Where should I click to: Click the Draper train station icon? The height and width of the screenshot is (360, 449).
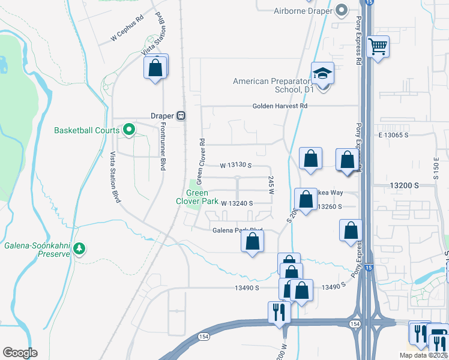[181, 116]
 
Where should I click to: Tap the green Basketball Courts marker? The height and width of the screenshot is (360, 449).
[128, 130]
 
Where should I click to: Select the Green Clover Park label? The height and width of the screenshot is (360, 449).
[197, 197]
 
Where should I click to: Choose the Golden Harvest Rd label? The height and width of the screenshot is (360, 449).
[279, 106]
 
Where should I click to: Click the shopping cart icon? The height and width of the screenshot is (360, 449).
[378, 46]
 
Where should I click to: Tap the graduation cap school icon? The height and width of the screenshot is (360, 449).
[322, 73]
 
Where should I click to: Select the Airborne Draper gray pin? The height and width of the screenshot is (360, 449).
[342, 10]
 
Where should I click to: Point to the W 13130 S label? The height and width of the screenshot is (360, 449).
[235, 165]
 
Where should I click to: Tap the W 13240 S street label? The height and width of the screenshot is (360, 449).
[237, 203]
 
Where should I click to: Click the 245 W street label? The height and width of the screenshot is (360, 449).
[271, 185]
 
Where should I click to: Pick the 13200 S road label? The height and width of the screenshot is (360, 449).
[403, 186]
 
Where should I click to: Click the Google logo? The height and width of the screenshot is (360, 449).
[20, 352]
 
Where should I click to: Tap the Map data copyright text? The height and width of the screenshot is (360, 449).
[423, 355]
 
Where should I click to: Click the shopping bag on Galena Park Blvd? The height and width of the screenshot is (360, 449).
[253, 242]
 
